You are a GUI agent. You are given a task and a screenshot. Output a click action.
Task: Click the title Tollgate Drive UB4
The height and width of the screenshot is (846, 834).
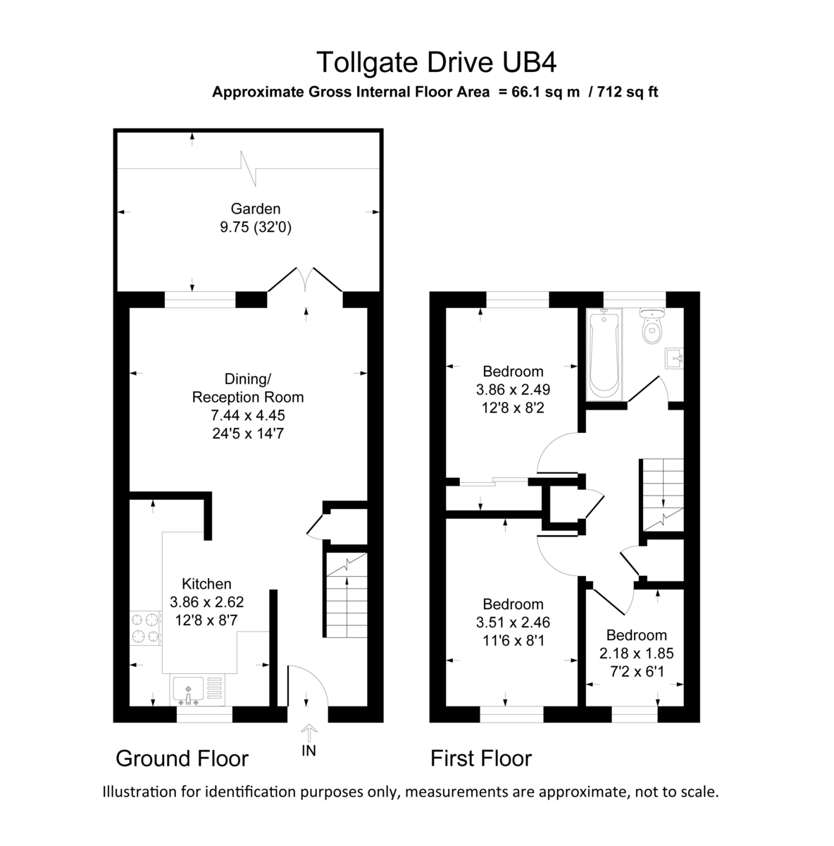tap(436, 62)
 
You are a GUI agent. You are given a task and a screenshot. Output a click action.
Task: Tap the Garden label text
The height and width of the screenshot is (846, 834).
tap(255, 209)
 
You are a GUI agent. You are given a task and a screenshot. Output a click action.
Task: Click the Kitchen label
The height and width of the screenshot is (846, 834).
tap(206, 584)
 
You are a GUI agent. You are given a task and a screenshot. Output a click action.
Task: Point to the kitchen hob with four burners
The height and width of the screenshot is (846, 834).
tap(145, 628)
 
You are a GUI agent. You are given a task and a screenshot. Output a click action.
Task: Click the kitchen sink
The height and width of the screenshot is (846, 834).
tap(187, 689)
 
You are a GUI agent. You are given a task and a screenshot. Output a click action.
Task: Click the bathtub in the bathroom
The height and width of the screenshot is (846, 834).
tap(604, 355)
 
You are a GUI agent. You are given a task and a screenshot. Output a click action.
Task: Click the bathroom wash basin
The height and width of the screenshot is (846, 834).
tap(675, 359)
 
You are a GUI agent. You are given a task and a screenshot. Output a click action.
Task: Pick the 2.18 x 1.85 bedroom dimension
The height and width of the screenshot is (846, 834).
tap(636, 654)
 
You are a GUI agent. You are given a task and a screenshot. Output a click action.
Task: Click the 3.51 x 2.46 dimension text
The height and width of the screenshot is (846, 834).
tap(513, 623)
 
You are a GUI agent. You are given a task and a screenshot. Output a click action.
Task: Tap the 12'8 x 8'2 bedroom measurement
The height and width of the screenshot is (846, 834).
tap(513, 407)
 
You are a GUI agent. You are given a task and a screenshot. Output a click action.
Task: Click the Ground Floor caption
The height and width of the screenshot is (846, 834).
tap(182, 759)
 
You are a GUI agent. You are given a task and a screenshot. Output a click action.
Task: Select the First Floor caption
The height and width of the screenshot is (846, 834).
tap(481, 759)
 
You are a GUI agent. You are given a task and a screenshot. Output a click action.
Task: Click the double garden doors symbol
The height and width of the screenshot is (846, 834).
tap(305, 280)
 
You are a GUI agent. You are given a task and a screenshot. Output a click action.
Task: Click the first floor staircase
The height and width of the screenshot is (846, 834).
tap(661, 493)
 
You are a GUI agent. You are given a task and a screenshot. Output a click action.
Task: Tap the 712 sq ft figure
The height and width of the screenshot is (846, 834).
tap(627, 92)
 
